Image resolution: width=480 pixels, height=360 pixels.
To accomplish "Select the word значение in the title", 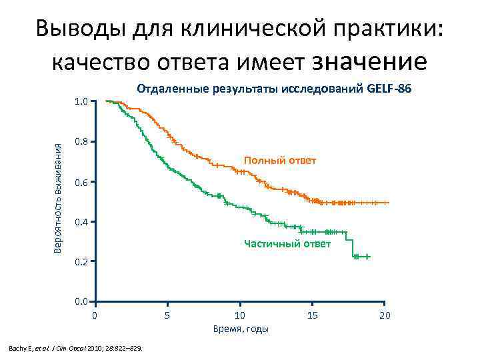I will [x=370, y=62].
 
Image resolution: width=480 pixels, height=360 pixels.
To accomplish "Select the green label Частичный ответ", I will [x=287, y=244].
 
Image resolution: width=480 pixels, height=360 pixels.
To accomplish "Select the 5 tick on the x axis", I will [x=167, y=314].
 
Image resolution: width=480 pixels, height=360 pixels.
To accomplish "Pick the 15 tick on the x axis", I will [x=312, y=314].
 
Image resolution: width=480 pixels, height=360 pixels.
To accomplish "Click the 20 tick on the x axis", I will [x=385, y=314].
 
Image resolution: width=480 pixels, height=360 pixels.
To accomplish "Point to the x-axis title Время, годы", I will [x=241, y=329].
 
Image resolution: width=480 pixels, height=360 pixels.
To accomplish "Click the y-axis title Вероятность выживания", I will [x=58, y=202].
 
